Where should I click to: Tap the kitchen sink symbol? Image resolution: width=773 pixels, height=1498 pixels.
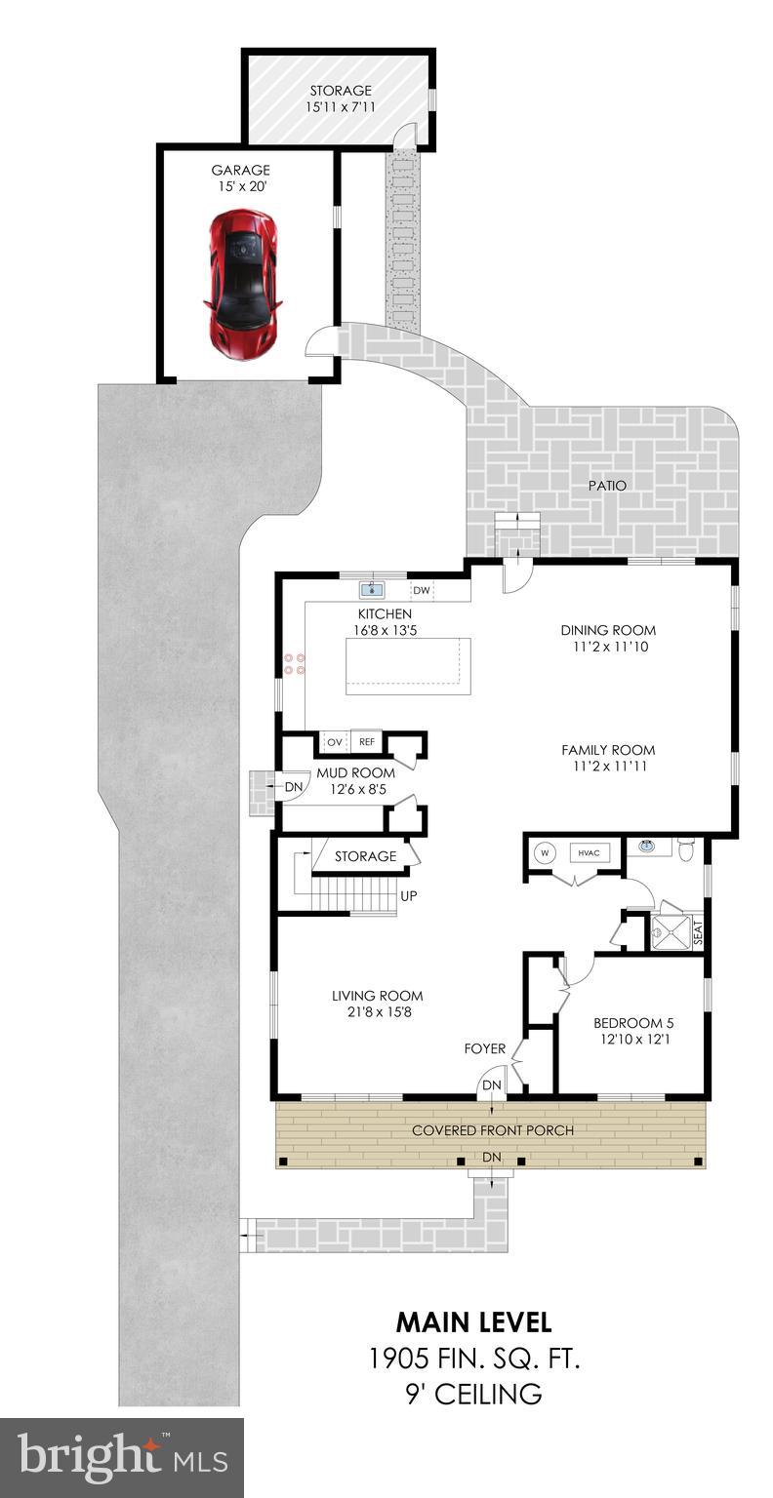pos(371,589)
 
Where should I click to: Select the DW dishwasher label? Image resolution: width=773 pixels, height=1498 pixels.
pos(422,590)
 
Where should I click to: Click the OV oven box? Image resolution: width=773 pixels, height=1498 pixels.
pos(334,742)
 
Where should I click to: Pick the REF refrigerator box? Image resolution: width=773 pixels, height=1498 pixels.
pos(366,742)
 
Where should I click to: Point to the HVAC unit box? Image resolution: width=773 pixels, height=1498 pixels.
pos(588,851)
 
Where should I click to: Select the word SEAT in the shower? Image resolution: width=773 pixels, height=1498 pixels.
pos(697,933)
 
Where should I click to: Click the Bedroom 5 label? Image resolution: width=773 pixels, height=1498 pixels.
pos(633,1023)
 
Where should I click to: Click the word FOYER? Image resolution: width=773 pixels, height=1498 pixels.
pos(485,1048)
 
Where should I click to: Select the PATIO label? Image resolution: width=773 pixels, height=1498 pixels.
pos(606,485)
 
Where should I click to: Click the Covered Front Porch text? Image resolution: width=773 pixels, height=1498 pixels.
pos(492,1129)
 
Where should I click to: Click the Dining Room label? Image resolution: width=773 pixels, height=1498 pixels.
pos(608,630)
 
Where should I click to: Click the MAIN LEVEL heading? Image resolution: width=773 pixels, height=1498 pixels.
pos(473,1322)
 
